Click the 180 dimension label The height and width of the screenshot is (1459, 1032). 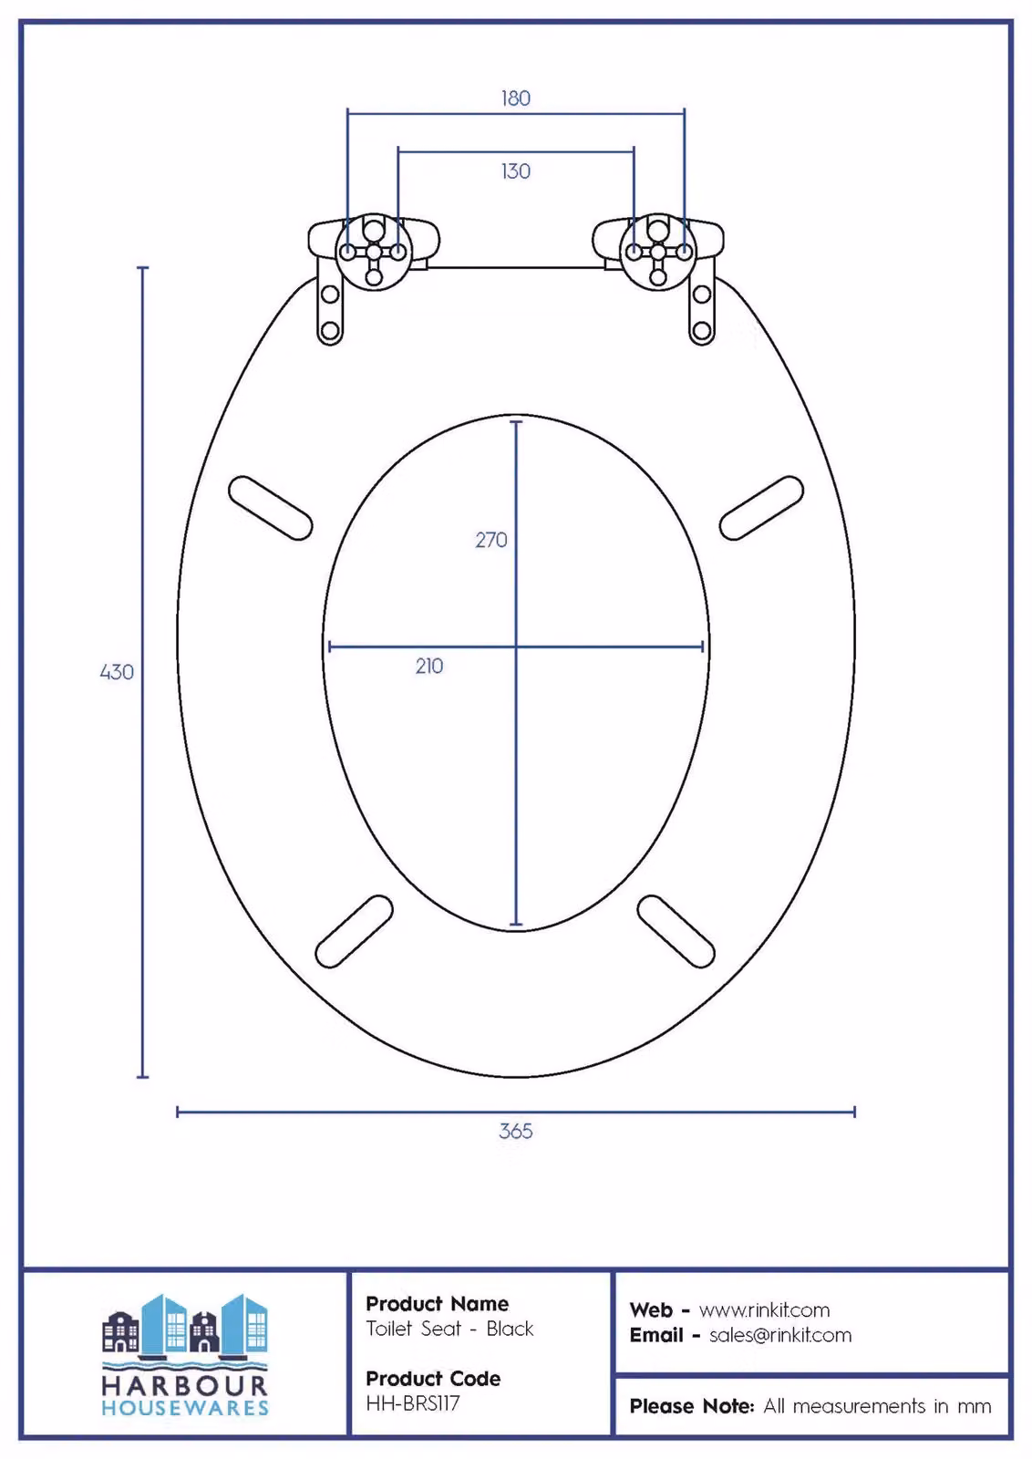pyautogui.click(x=516, y=98)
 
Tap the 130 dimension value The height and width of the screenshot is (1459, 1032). pyautogui.click(x=516, y=171)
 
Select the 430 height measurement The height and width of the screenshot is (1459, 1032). pyautogui.click(x=117, y=671)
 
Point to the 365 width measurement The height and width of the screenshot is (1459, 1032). pyautogui.click(x=516, y=1131)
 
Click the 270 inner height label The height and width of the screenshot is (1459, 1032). pyautogui.click(x=491, y=540)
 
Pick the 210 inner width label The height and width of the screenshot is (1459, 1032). pyautogui.click(x=429, y=666)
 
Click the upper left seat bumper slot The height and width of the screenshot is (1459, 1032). pyautogui.click(x=270, y=508)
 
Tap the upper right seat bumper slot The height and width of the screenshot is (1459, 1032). pyautogui.click(x=761, y=508)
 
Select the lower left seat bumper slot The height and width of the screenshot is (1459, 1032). pyautogui.click(x=355, y=931)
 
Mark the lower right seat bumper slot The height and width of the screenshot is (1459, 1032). pyautogui.click(x=676, y=931)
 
